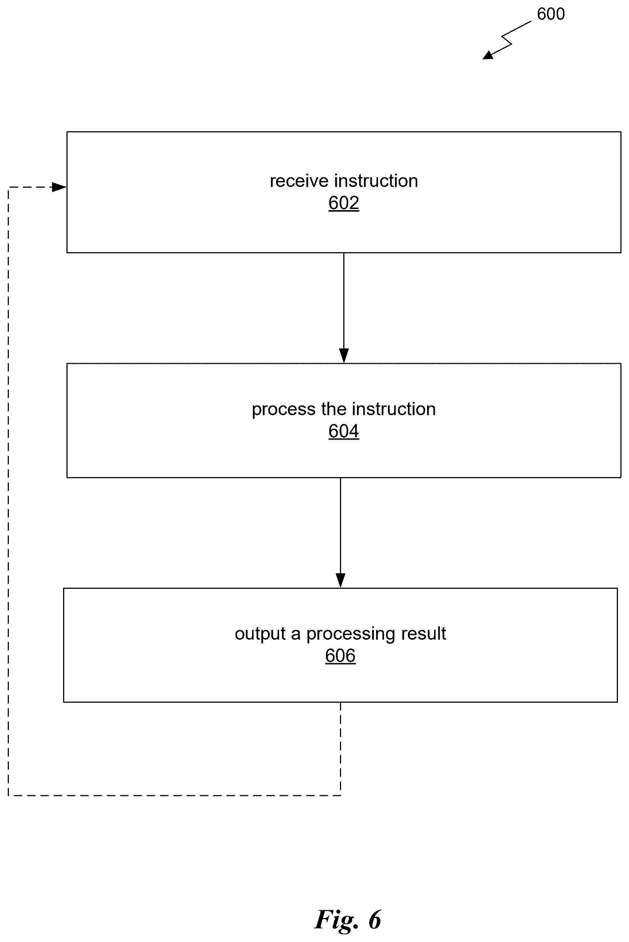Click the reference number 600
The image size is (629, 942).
tap(551, 14)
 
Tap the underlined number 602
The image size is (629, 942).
tap(344, 203)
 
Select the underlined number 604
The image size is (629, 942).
tap(344, 431)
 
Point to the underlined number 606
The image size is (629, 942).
tap(340, 656)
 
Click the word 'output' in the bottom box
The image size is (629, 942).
tap(260, 634)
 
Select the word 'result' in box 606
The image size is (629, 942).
tap(423, 633)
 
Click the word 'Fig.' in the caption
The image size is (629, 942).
tap(336, 920)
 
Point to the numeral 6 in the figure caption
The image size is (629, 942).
tap(375, 920)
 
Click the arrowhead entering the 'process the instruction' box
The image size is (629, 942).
tap(344, 356)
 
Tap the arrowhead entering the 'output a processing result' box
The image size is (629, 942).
tap(341, 581)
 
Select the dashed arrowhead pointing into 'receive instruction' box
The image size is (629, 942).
tap(59, 187)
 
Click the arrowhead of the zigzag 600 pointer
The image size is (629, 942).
tap(487, 55)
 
